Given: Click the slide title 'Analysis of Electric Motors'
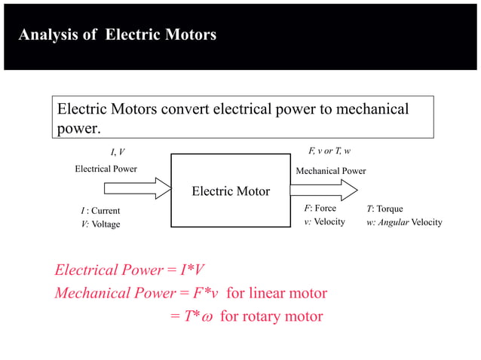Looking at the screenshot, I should point(117,35).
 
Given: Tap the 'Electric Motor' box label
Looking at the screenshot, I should point(231,191).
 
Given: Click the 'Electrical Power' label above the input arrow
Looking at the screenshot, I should point(106,169).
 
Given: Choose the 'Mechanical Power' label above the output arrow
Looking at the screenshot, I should point(331,171).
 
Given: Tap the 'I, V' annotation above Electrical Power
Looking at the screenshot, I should point(118,152).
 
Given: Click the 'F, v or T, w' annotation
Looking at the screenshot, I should point(329,151).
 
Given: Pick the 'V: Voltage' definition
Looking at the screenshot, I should point(100,224).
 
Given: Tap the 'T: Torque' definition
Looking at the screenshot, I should point(385,209).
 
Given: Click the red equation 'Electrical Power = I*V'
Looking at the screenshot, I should point(129,270).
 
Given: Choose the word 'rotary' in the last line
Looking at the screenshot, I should point(272,316).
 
